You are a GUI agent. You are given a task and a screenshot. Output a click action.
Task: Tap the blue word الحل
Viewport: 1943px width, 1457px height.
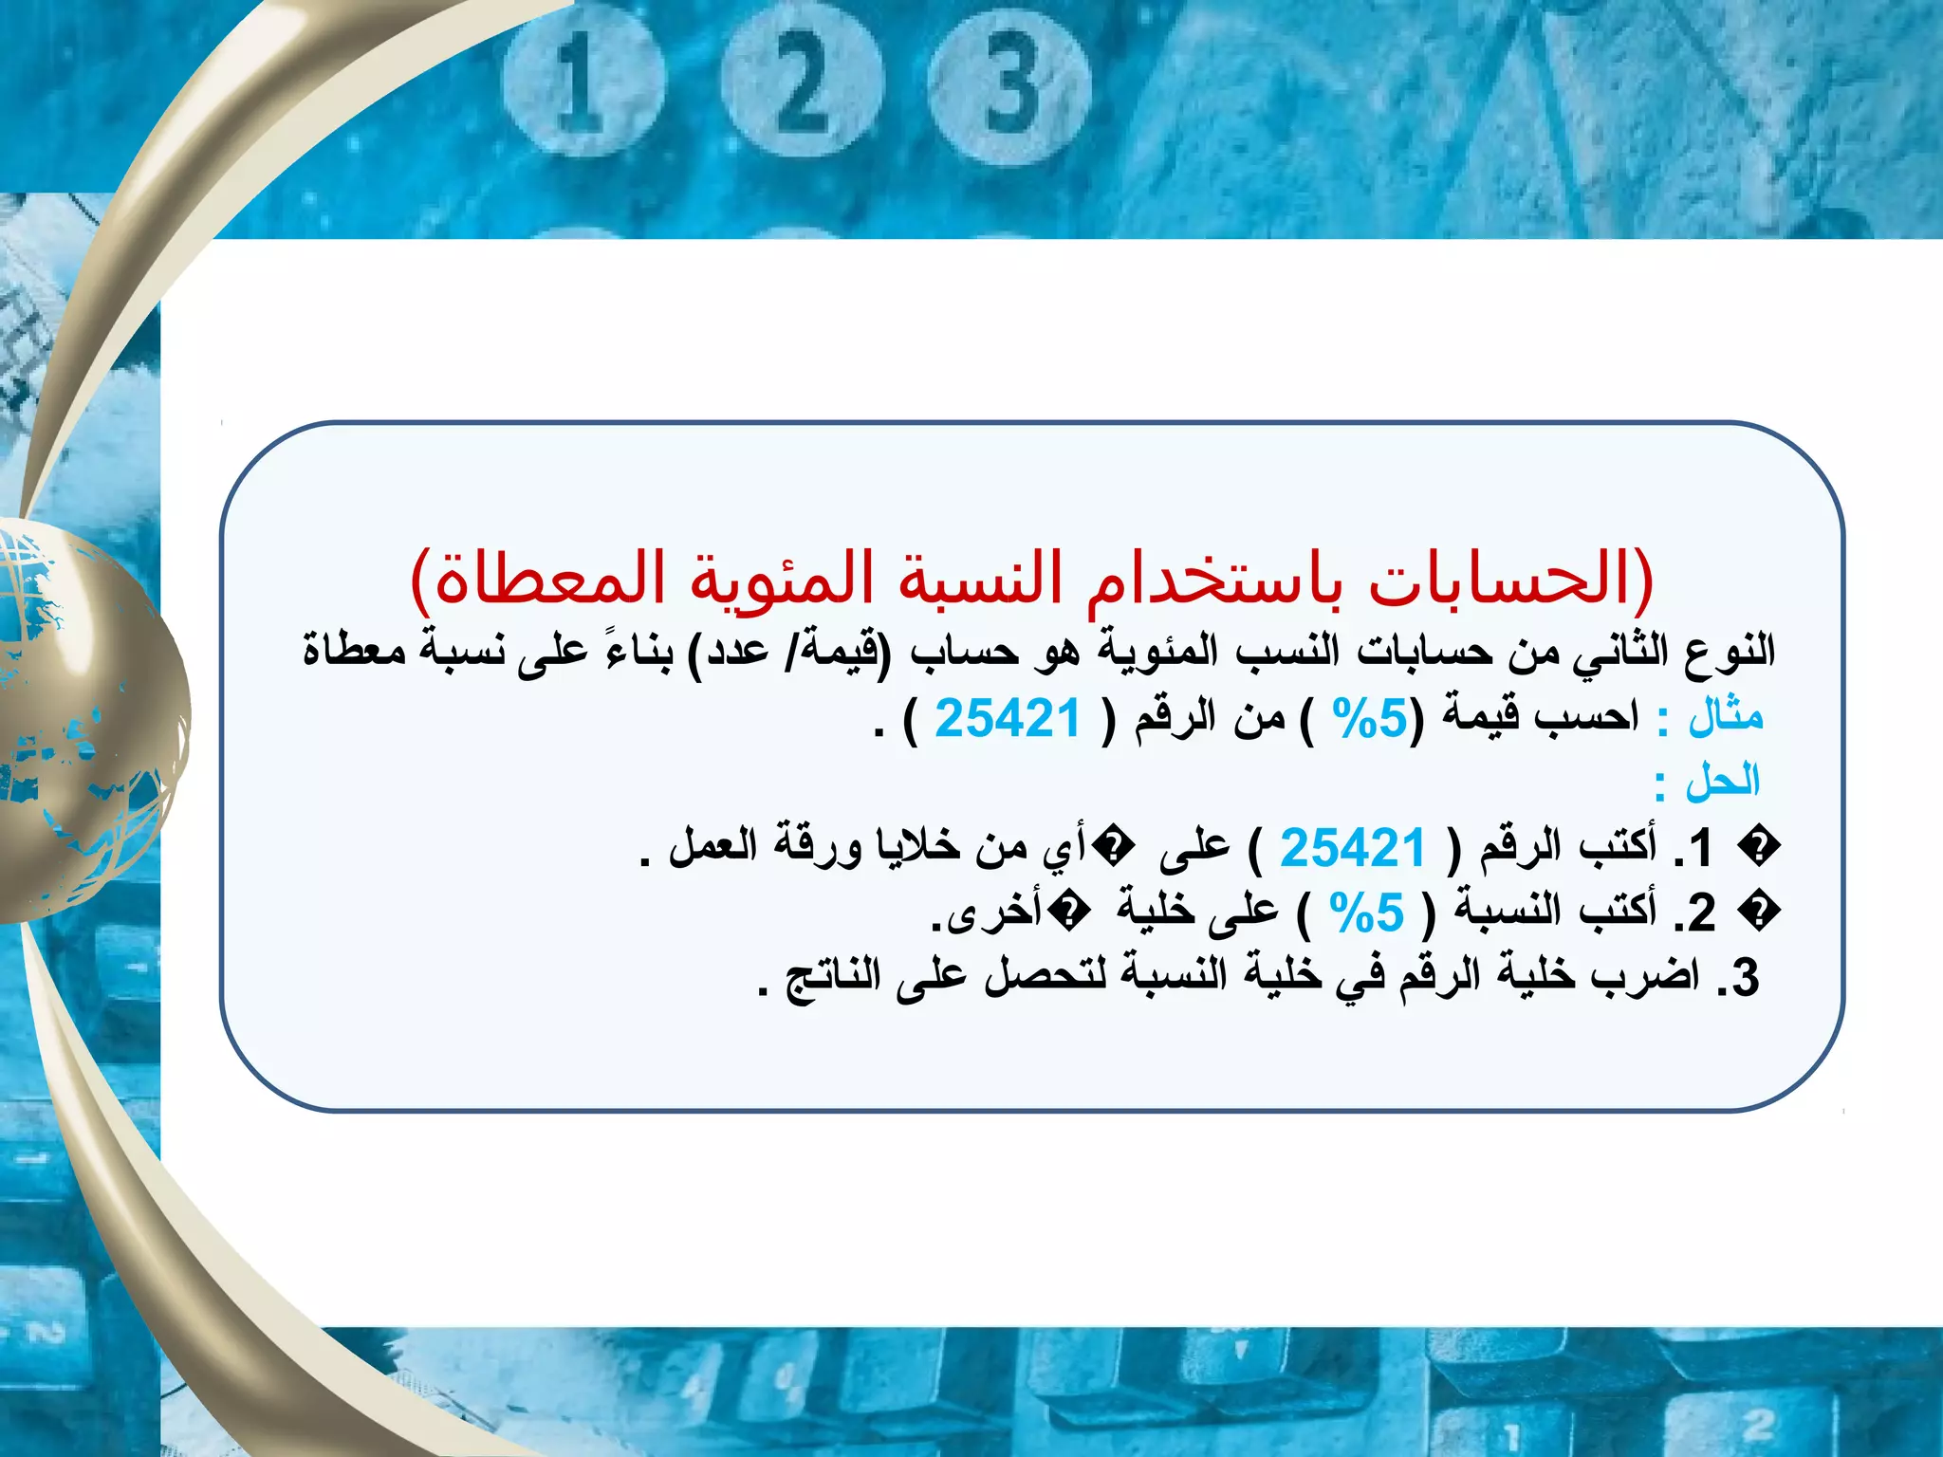pos(1722,782)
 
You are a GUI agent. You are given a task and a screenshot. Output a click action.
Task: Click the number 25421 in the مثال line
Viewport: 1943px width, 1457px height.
pos(1008,718)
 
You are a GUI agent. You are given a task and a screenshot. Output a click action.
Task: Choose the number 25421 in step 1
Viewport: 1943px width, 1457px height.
pos(1353,847)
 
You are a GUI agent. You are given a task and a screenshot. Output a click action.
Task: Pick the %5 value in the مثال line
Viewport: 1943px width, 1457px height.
pos(1369,718)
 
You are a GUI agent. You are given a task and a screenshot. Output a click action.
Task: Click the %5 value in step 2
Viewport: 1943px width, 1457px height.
pos(1365,913)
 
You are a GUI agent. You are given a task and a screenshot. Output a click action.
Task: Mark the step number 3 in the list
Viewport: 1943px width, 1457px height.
pos(1744,978)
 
